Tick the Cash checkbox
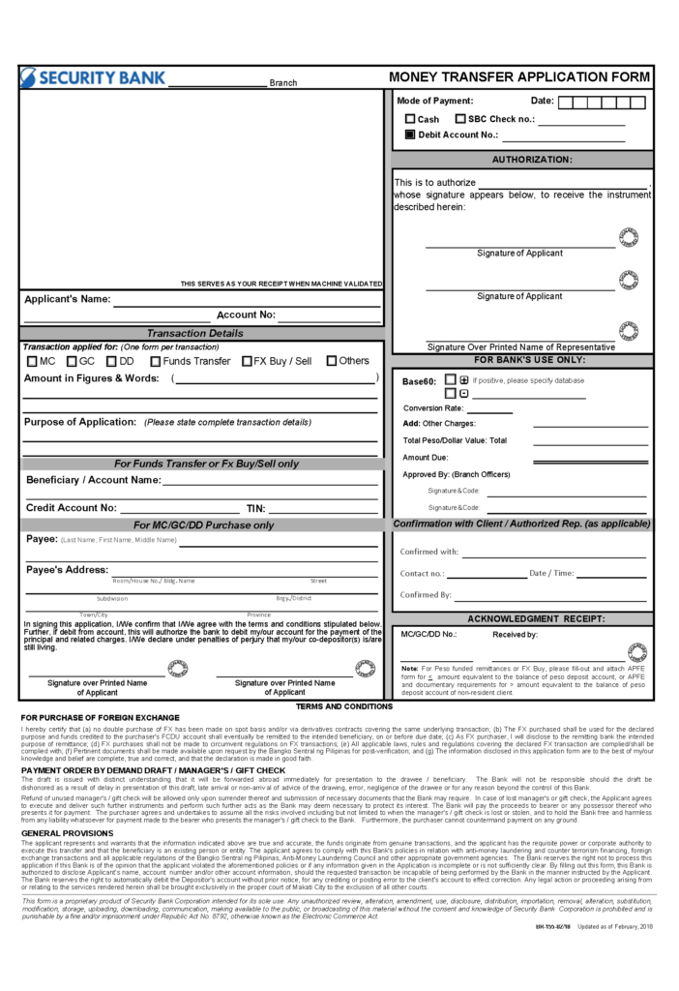410,119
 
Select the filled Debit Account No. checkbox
410,135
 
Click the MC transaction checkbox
32,361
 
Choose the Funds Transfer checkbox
154,361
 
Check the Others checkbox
332,361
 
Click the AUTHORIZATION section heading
532,159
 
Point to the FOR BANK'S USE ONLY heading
522,359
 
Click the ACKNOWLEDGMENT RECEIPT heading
536,617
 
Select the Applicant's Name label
68,298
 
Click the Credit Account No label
72,507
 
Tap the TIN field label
255,507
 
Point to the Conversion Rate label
433,407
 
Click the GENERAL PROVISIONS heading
68,832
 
